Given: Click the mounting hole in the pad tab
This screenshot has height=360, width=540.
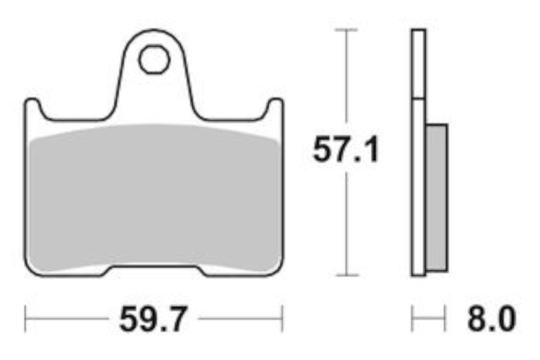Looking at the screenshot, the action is pyautogui.click(x=154, y=59).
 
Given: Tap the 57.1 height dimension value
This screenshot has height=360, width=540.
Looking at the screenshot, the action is pyautogui.click(x=346, y=149).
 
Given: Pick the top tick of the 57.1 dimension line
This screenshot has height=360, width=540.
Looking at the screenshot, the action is pyautogui.click(x=346, y=30).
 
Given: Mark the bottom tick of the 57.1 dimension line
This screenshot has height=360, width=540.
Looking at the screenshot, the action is pyautogui.click(x=347, y=275).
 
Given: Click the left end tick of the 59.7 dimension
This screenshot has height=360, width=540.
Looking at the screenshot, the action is pyautogui.click(x=25, y=318).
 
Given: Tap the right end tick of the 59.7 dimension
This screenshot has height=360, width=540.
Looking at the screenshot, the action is pyautogui.click(x=282, y=318).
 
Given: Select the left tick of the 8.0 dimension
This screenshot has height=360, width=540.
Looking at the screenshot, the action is pyautogui.click(x=412, y=318).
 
